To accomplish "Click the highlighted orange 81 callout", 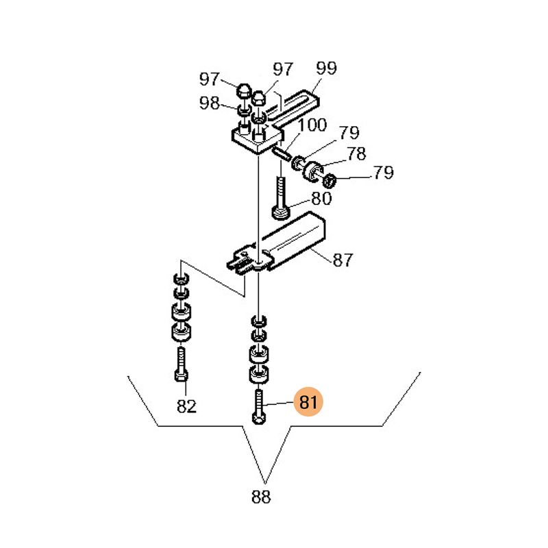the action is point(308,402).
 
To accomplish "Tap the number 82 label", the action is point(186,406).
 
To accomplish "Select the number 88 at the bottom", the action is point(261,496).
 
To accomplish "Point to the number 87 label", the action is point(343,260).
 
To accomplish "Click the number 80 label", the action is point(321,198).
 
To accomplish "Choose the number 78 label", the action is point(356,153).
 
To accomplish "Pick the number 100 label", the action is point(312,125).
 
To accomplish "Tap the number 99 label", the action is point(327,68).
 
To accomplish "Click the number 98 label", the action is point(210,103).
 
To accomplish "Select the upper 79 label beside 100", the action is point(349,132).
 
